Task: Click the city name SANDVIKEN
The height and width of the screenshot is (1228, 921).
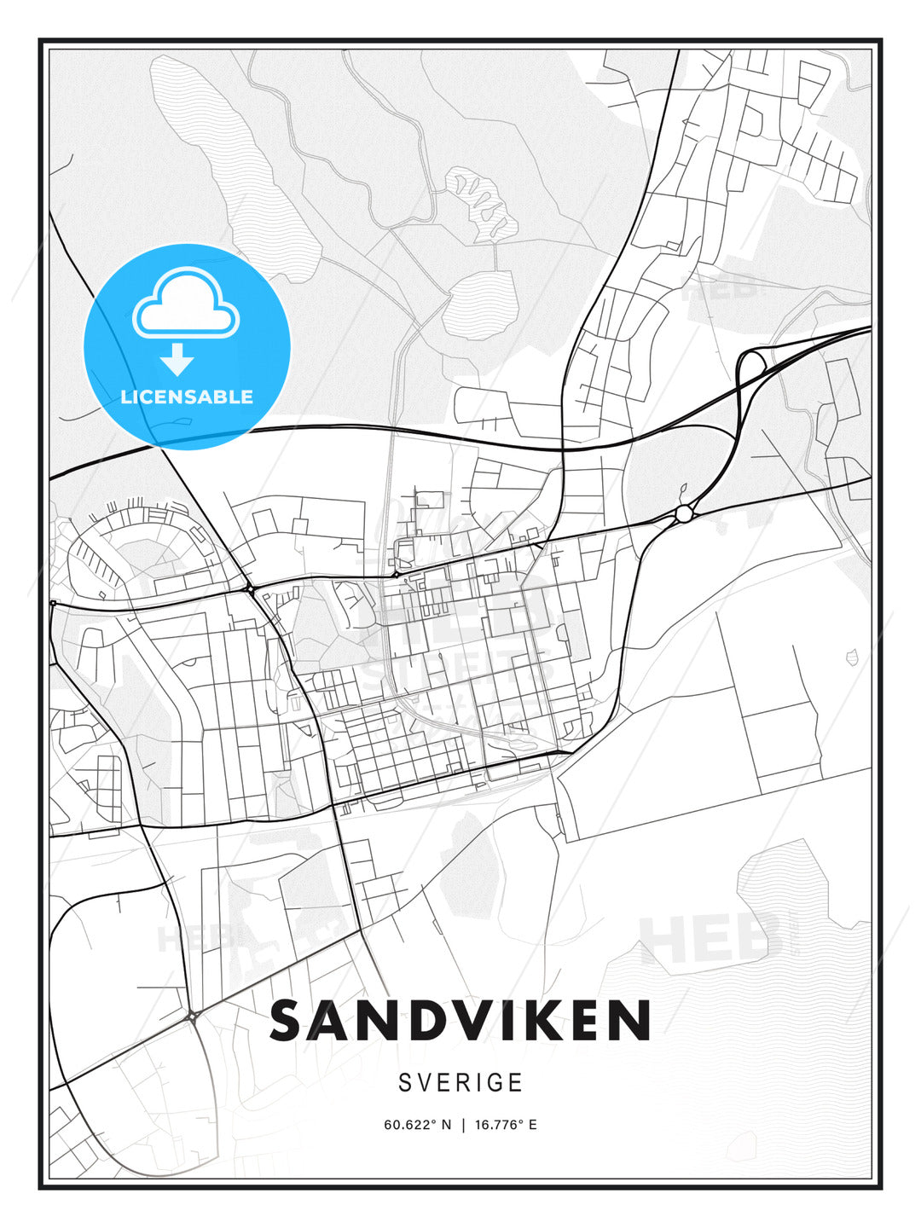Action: click(x=460, y=1021)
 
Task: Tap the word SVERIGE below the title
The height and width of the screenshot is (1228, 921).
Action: click(x=460, y=1083)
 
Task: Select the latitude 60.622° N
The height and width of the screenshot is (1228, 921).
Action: click(x=417, y=1125)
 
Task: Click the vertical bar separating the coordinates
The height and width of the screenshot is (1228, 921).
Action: click(x=463, y=1125)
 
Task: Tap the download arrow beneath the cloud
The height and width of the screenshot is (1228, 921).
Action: click(x=177, y=360)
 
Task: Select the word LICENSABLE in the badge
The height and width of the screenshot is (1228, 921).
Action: click(x=187, y=397)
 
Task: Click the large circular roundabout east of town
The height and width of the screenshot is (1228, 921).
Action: click(x=684, y=513)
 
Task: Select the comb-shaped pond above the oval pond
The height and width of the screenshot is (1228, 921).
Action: click(x=483, y=206)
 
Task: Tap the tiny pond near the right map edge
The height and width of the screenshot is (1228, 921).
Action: click(x=851, y=657)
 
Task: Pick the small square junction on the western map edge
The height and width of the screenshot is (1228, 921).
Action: click(x=53, y=603)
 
